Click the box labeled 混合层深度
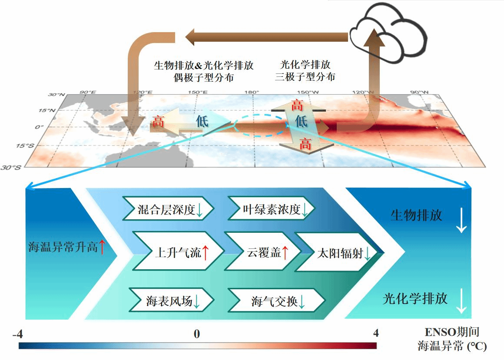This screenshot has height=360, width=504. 168,209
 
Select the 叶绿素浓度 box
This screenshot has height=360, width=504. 271,209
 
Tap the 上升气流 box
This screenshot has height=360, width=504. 179,251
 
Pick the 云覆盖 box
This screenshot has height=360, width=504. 262,251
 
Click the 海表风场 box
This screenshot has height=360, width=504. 171,300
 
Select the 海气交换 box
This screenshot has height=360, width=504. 276,300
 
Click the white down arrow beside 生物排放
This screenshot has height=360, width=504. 461,220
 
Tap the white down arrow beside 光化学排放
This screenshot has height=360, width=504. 461,301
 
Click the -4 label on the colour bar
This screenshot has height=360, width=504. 18,334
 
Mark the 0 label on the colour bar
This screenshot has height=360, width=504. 197,334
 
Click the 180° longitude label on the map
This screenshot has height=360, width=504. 252,92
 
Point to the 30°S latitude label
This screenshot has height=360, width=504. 11,168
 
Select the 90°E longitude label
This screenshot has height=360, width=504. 88,92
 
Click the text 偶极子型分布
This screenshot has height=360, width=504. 204,77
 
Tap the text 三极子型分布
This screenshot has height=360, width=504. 305,77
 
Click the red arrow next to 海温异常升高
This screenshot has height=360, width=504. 102,247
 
